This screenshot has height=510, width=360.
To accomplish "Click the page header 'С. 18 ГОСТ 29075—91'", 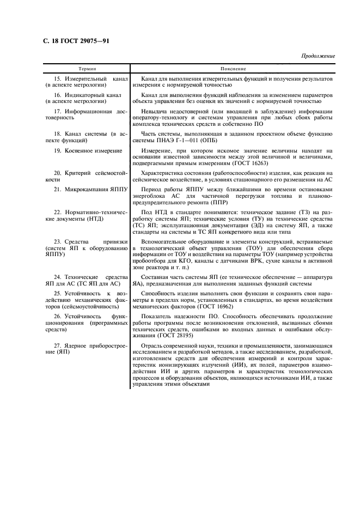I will pyautogui.click(x=77, y=41).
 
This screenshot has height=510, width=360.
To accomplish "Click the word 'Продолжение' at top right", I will pyautogui.click(x=318, y=57).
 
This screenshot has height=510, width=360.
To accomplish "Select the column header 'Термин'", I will pyautogui.click(x=87, y=70).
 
